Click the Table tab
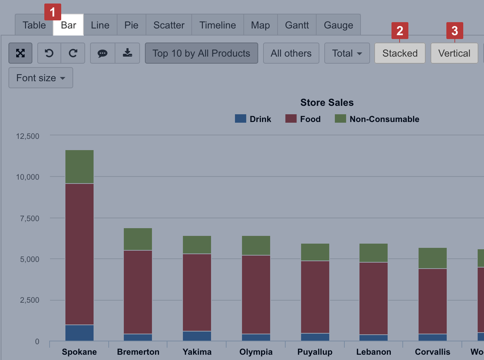point(34,25)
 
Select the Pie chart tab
point(131,25)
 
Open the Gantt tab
point(297,25)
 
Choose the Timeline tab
point(217,25)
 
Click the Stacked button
point(400,53)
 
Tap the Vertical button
point(454,53)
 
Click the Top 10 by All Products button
point(201,53)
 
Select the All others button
point(291,53)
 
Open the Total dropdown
point(347,53)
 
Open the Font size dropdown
point(40,78)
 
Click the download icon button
point(127,53)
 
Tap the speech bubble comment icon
point(102,53)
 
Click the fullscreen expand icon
point(20,53)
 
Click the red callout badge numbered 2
point(400,31)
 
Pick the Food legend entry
point(303,119)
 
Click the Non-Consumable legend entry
point(377,119)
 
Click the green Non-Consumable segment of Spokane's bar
point(79,167)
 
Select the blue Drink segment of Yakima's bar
point(197,336)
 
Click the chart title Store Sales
point(327,102)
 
